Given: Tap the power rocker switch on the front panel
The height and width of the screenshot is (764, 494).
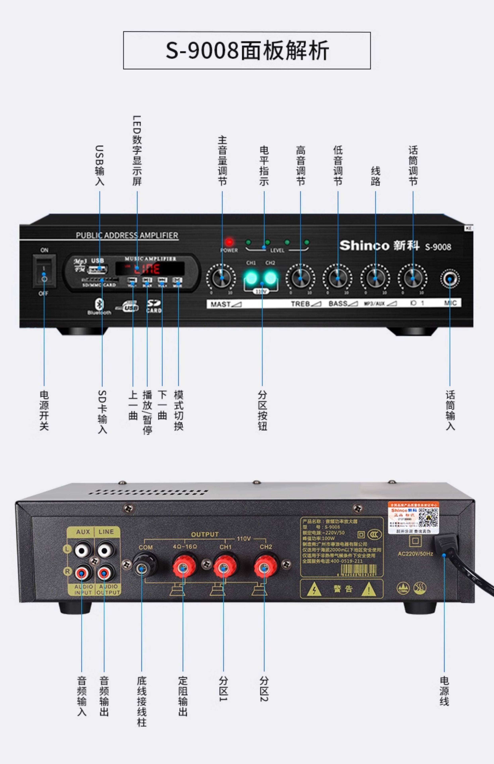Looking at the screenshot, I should pyautogui.click(x=44, y=271).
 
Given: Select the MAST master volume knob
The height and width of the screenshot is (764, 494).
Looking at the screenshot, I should pyautogui.click(x=222, y=278).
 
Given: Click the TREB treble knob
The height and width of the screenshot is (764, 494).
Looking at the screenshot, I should pyautogui.click(x=300, y=278).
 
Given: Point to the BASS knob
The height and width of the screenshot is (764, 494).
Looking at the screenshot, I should pyautogui.click(x=337, y=278).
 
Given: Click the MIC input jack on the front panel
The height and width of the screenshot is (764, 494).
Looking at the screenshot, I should pyautogui.click(x=450, y=278).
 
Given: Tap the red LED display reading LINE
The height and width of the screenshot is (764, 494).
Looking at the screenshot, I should pyautogui.click(x=150, y=268).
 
